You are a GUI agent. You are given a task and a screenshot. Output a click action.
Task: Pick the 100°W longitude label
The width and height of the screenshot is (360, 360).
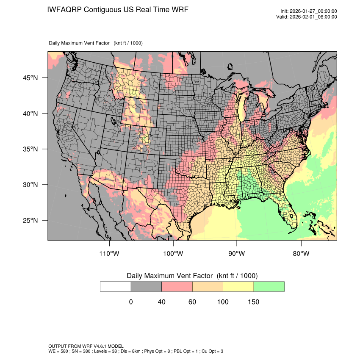point(173,254)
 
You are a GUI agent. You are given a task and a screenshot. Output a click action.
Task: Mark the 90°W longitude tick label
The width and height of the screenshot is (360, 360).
point(237,254)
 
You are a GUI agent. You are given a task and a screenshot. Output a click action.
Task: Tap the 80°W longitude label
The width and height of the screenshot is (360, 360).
point(301,254)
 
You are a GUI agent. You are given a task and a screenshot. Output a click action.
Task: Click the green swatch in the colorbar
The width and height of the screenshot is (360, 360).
point(269,286)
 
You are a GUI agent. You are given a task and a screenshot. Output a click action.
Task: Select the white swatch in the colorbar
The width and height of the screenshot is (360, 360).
point(116,286)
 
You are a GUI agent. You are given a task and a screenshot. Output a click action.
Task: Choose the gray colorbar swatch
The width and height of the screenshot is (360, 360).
point(146,286)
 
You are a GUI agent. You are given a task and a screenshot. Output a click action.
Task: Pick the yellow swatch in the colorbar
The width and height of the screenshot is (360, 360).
point(238,286)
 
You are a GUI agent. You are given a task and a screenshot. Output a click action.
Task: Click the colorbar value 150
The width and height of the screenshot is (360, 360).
point(253,302)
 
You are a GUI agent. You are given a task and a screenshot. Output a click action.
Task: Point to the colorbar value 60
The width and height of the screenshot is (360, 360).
point(192,302)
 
